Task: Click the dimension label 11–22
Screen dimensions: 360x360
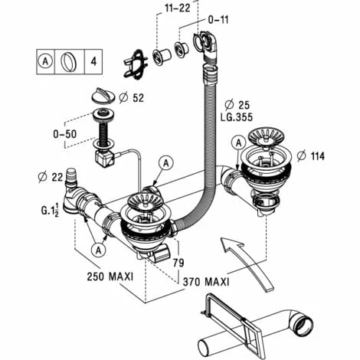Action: [178, 8]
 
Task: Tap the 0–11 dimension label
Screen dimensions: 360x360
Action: [218, 20]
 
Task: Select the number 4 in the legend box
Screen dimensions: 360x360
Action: [93, 61]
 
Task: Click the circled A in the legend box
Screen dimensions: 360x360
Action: [45, 61]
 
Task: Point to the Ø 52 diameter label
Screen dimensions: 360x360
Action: [132, 98]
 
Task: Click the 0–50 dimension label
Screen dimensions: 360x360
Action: [65, 134]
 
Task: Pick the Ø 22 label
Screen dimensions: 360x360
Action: [50, 177]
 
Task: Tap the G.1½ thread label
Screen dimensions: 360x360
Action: [50, 210]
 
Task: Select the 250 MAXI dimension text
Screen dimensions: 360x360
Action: [110, 277]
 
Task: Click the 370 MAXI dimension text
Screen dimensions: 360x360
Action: [206, 282]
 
